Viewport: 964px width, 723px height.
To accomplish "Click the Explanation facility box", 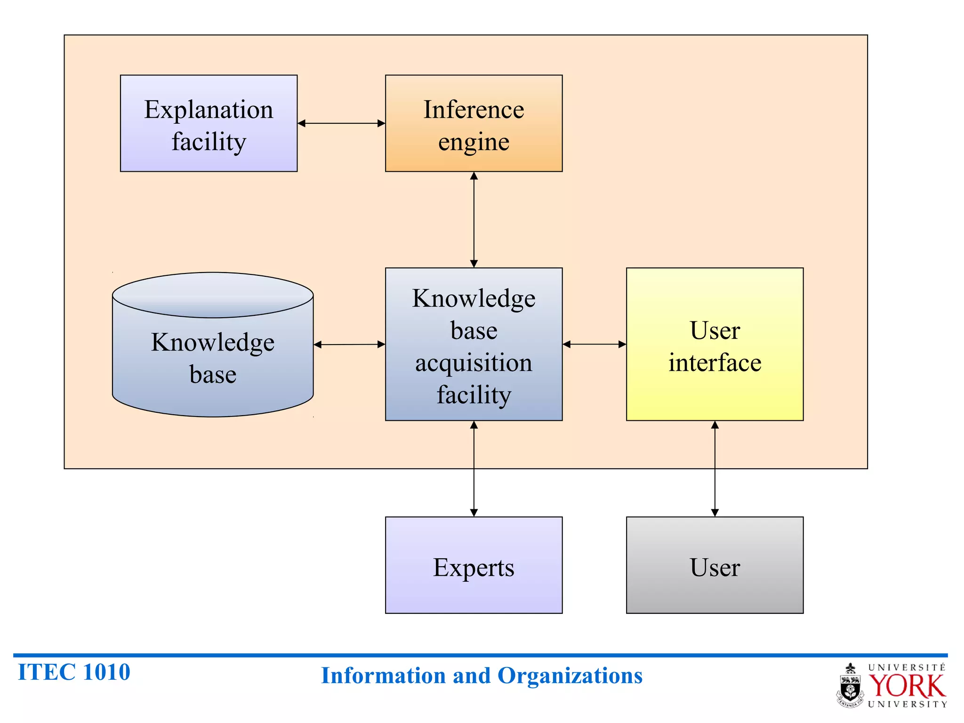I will click(209, 123).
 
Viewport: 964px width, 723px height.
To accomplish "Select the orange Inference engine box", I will click(474, 123).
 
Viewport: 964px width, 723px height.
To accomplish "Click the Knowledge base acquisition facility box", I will click(474, 344).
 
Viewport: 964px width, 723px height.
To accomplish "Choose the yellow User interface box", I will click(715, 344).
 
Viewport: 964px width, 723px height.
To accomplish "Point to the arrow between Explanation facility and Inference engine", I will click(341, 123).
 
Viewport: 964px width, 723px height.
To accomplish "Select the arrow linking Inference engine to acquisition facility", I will click(474, 219).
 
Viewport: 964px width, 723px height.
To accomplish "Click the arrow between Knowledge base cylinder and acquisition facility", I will click(349, 345).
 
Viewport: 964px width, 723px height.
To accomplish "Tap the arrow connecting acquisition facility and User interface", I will click(594, 344).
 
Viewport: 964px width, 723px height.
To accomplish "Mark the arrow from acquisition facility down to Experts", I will click(474, 468).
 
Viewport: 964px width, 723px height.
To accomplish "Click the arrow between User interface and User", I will click(715, 468).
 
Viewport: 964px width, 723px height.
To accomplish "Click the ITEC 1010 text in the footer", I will click(74, 672).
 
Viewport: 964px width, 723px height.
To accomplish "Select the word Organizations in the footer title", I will click(570, 675).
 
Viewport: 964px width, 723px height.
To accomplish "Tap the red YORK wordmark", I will click(906, 686).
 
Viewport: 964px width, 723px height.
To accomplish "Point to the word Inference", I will click(474, 110).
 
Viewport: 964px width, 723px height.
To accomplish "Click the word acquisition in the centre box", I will click(474, 363).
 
